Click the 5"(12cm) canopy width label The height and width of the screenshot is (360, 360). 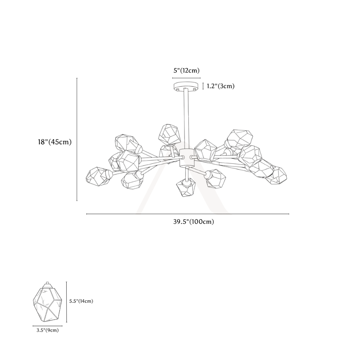click(186, 71)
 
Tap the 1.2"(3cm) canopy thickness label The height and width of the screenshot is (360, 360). click(221, 86)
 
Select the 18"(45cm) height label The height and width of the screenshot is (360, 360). click(55, 142)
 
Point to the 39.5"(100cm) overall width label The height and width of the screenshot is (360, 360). click(194, 222)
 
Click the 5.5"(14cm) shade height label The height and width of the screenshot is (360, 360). click(81, 301)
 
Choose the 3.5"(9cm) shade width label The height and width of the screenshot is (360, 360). click(48, 330)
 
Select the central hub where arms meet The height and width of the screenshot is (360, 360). click(186, 158)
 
